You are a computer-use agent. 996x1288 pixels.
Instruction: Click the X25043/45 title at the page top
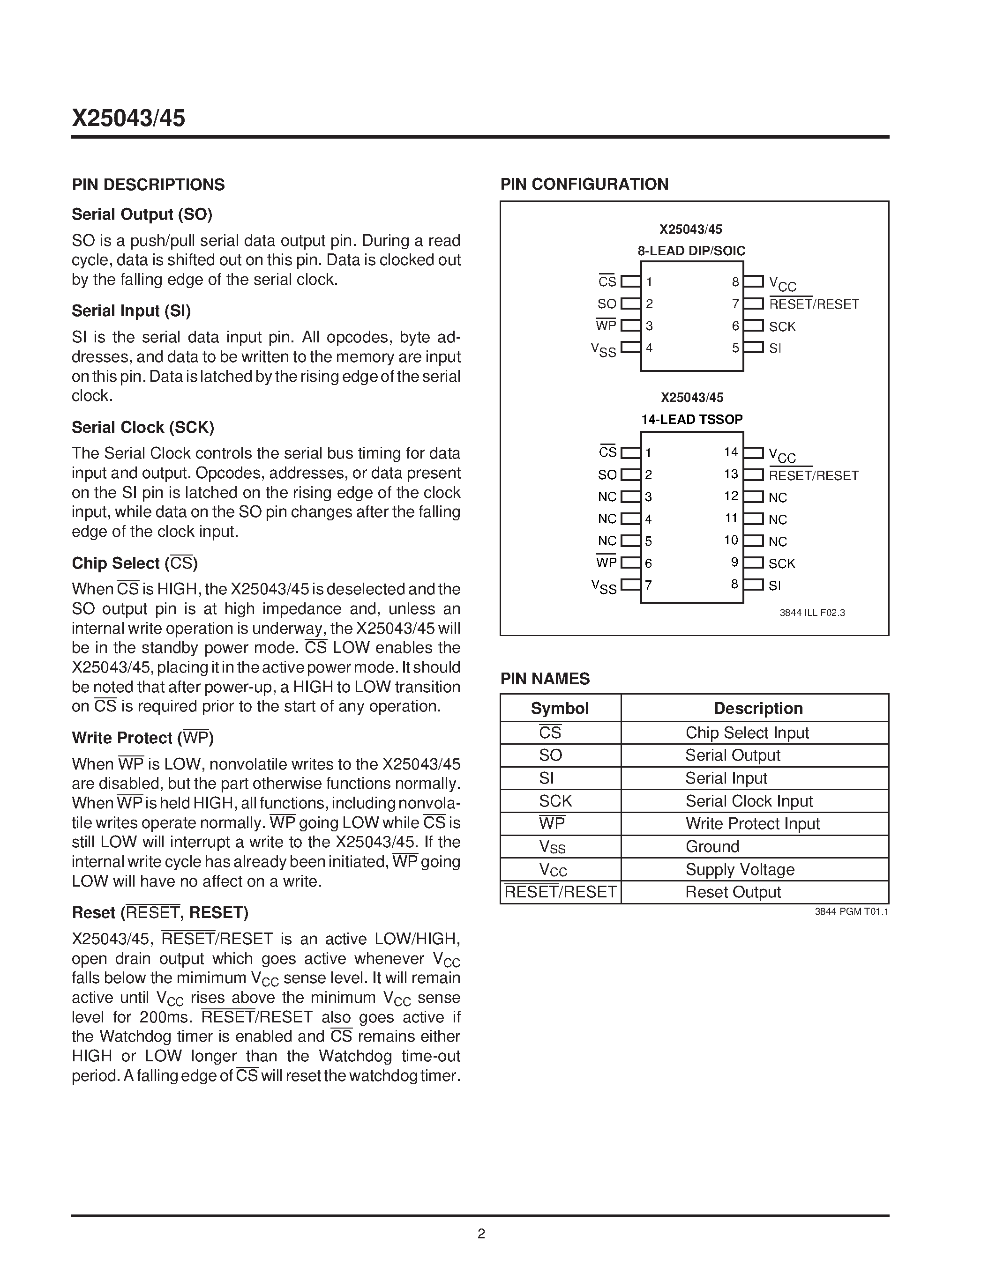(128, 118)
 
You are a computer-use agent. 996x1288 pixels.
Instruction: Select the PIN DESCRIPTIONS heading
(148, 185)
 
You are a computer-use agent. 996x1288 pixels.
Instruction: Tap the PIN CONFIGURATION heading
(584, 184)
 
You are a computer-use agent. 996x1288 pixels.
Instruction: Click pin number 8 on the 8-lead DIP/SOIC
(735, 282)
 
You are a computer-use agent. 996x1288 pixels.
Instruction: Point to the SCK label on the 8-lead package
(782, 326)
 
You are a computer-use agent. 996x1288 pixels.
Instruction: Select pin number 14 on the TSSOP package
(731, 452)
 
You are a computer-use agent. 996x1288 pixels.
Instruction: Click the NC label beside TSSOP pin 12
(778, 497)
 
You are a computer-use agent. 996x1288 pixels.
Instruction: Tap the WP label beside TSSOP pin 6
(606, 563)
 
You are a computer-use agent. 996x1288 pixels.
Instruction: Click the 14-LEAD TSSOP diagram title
(691, 419)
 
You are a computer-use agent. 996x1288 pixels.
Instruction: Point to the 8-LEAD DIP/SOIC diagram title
(691, 251)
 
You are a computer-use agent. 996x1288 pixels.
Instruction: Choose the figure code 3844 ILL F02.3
(812, 613)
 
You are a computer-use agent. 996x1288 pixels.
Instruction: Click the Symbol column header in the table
(559, 708)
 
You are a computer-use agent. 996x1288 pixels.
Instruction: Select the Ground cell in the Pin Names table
(712, 846)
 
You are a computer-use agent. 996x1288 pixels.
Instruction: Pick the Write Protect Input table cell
(752, 823)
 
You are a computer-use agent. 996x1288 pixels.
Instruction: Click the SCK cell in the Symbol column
(555, 801)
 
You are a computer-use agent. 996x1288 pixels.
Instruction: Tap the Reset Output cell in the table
(733, 892)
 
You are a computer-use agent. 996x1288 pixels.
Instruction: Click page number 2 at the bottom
(481, 1234)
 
